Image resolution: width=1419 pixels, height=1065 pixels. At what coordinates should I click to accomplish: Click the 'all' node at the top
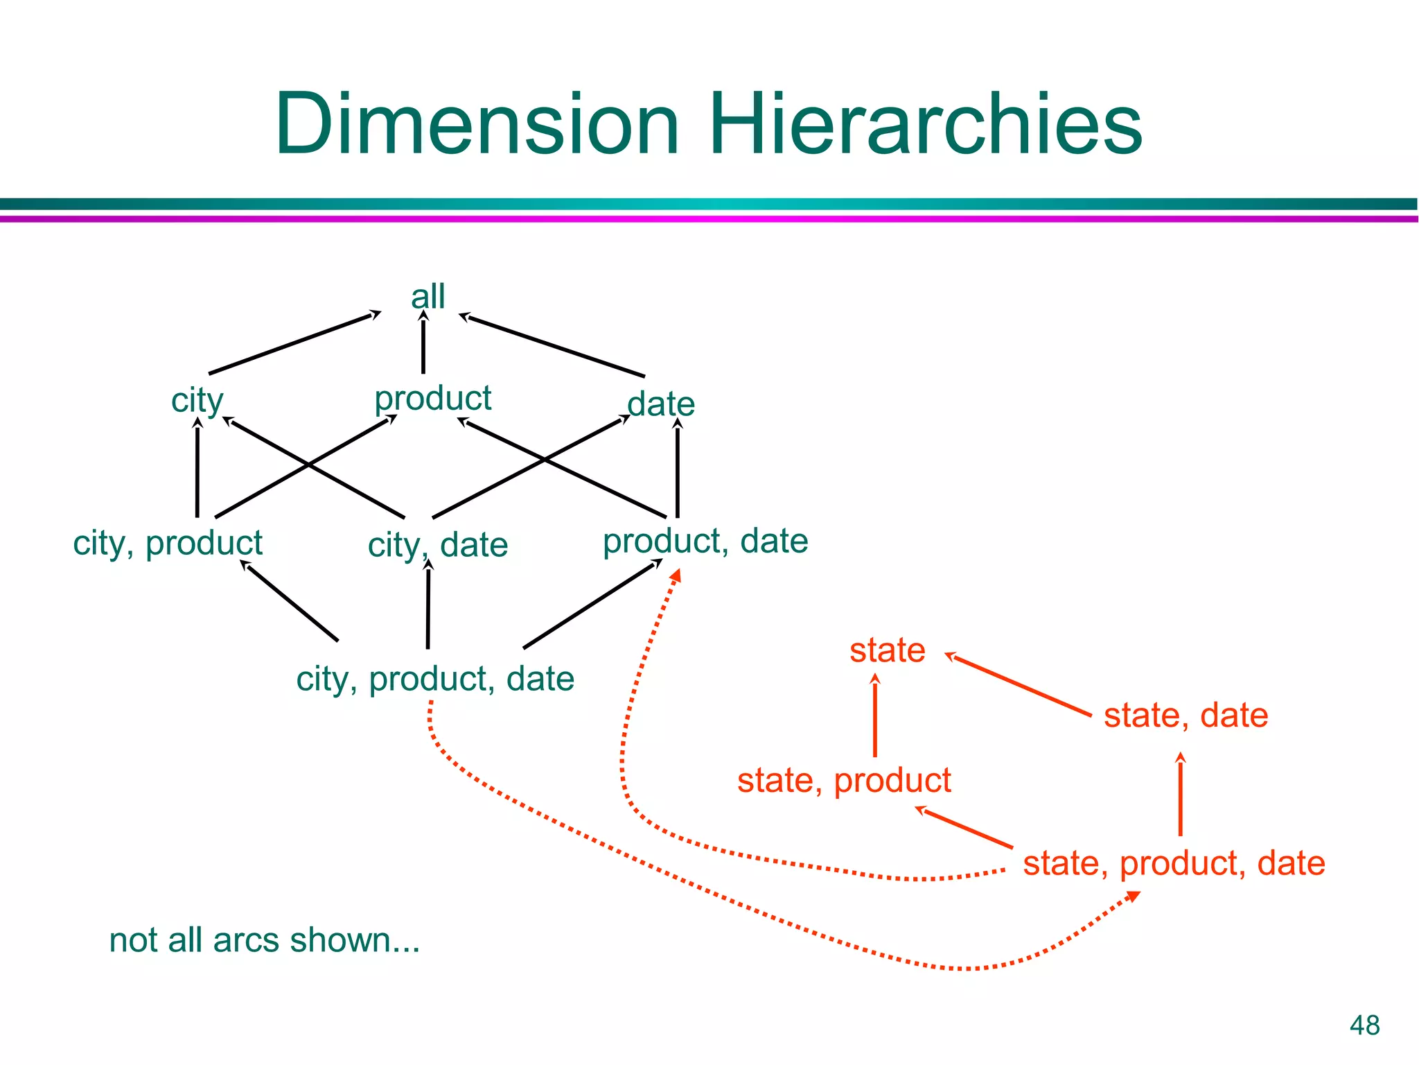428,297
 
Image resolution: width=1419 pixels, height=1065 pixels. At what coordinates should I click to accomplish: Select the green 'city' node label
197,401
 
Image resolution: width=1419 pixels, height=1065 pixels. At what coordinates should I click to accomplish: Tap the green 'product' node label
432,399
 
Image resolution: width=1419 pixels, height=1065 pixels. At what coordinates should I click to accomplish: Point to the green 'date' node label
660,404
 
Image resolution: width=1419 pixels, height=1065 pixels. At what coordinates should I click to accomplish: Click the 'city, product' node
168,543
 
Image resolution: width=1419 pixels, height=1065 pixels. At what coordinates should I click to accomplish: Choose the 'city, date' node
437,545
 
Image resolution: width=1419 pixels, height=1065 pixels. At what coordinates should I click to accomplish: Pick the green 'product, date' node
705,541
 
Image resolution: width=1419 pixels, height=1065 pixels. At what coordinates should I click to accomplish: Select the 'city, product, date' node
435,679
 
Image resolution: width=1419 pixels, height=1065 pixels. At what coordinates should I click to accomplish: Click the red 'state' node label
887,650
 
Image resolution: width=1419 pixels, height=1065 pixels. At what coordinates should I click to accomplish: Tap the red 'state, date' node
1186,716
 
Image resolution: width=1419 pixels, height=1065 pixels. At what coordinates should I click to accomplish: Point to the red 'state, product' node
844,781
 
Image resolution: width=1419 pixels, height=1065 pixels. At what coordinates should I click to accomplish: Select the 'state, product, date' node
1174,864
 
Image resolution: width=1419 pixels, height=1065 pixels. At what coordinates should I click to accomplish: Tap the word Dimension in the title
477,125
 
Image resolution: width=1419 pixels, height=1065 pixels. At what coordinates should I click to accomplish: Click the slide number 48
1364,1025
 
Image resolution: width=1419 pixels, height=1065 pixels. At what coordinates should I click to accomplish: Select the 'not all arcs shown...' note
265,941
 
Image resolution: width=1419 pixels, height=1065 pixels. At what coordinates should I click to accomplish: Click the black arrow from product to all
423,343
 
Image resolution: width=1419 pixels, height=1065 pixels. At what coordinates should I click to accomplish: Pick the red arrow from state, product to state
875,718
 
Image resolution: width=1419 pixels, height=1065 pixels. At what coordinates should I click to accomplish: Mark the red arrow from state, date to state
1019,684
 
